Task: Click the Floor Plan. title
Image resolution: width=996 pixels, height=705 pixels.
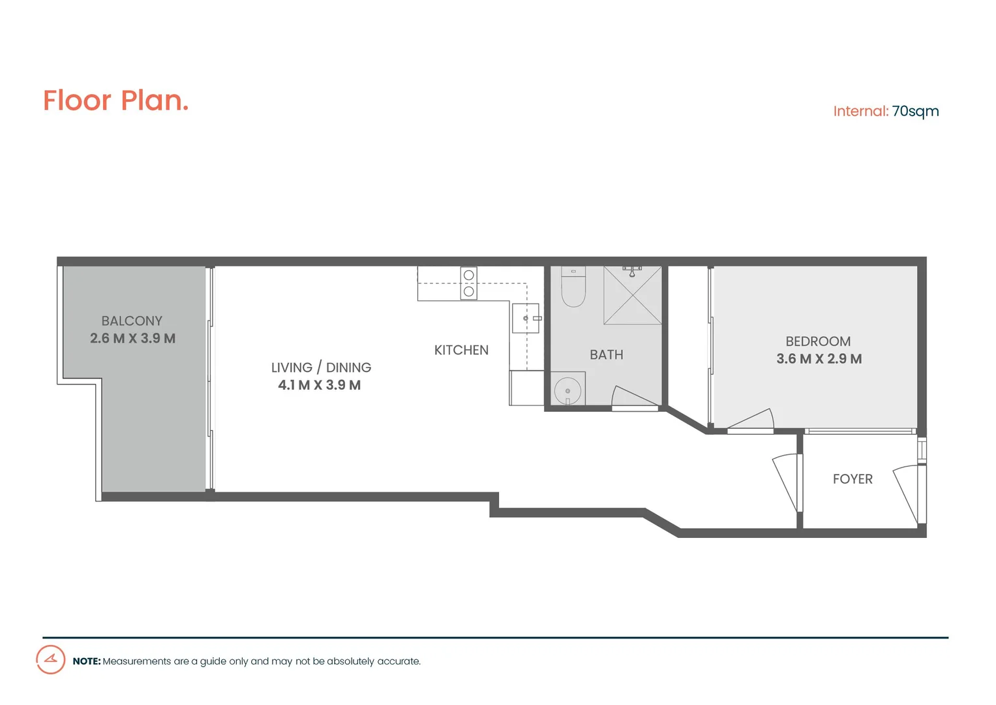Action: pos(115,101)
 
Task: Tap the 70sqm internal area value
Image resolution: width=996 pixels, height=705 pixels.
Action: pos(915,111)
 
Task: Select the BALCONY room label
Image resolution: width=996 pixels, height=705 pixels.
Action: pos(132,321)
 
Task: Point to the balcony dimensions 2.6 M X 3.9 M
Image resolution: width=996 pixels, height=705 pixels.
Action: pos(132,338)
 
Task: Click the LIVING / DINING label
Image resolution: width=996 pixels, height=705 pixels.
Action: pos(321,368)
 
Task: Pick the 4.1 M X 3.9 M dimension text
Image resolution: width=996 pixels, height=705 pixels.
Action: pos(319,385)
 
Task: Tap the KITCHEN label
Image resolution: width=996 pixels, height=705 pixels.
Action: pos(461,350)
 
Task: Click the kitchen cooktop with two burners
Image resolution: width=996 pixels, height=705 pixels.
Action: pos(468,283)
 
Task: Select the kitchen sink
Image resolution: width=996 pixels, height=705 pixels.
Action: pos(526,319)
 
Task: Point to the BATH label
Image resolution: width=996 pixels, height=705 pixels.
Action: pos(606,354)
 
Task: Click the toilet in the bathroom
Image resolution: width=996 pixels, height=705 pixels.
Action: pos(573,287)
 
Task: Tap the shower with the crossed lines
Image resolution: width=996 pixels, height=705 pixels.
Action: pos(632,295)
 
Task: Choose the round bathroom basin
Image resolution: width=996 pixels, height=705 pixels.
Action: pos(567,390)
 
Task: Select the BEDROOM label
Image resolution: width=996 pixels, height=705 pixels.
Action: pos(818,341)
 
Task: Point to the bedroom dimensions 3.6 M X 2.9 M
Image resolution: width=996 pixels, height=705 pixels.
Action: pos(819,359)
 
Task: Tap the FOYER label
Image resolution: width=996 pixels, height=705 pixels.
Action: pos(853,479)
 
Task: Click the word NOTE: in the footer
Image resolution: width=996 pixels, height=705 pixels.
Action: pos(87,661)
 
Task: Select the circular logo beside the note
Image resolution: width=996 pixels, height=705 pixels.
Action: pos(50,659)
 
